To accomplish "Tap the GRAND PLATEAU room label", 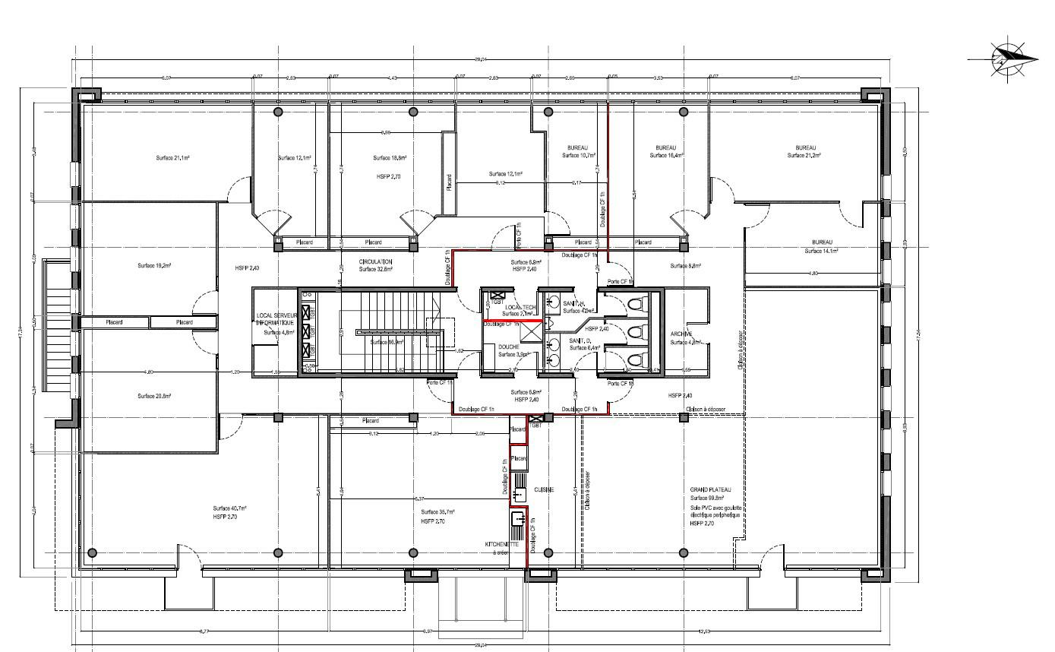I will [x=709, y=489].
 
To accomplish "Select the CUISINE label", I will [x=543, y=490].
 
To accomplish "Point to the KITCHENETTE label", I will [x=502, y=545].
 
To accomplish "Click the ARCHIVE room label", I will [x=681, y=334].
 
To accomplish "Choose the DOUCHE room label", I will [x=508, y=347].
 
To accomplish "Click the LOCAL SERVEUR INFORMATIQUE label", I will [x=274, y=318].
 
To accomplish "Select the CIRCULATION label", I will [x=375, y=261].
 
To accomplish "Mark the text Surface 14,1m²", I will [x=821, y=251].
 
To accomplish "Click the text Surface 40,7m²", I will [x=229, y=508].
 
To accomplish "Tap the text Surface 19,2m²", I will [x=153, y=266].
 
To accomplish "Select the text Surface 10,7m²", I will [x=578, y=155].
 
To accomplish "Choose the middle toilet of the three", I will [x=636, y=332].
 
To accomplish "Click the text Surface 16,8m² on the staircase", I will [x=387, y=343].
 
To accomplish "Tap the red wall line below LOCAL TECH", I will [x=513, y=321].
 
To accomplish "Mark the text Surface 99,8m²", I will [x=707, y=498].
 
